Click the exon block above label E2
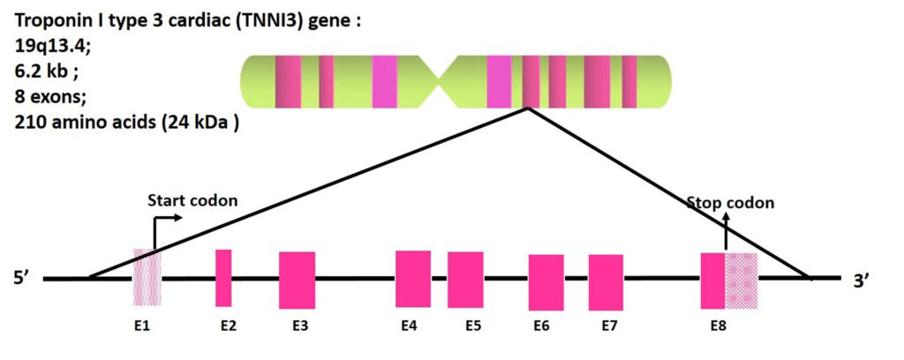click(x=223, y=278)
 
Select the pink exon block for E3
click(x=297, y=280)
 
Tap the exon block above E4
click(x=413, y=279)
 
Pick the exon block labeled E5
click(x=465, y=280)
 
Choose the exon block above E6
click(x=546, y=281)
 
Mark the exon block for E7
click(x=606, y=281)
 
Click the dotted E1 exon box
click(x=141, y=278)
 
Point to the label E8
click(x=719, y=326)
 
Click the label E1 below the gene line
click(x=142, y=326)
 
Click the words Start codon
click(x=192, y=200)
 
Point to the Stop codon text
click(x=730, y=203)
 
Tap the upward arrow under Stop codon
click(x=726, y=231)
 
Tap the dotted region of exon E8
click(x=742, y=281)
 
